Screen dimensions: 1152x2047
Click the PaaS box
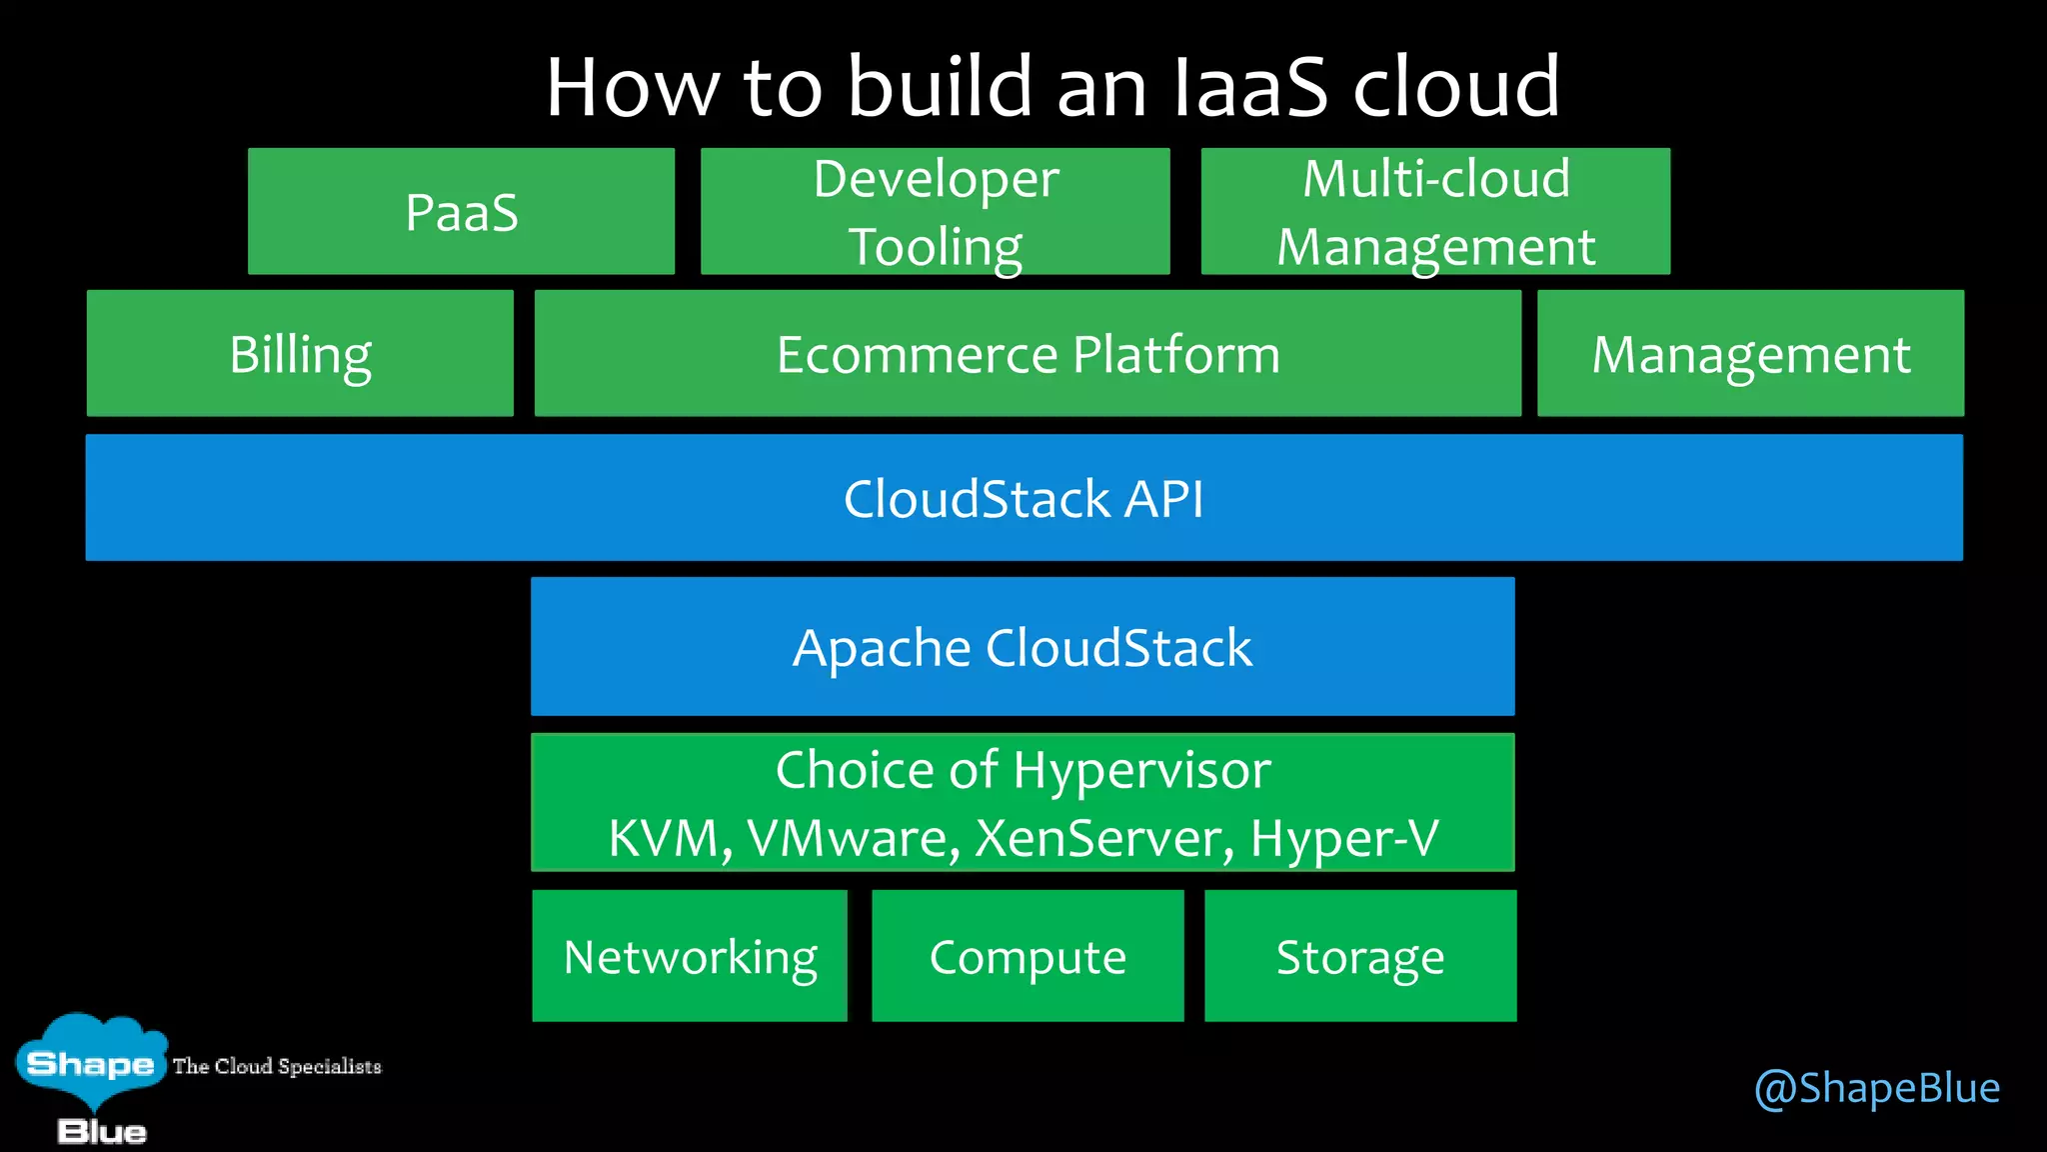(x=461, y=212)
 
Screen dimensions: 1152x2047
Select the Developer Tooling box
(x=935, y=212)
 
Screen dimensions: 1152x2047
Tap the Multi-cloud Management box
(x=1435, y=212)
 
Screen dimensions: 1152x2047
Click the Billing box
(x=300, y=354)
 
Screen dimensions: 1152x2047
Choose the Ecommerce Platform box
(x=1027, y=354)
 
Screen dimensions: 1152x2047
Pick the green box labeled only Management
(x=1750, y=354)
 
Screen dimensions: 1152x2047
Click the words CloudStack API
(x=1023, y=498)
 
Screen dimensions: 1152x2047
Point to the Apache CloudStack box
(x=1022, y=647)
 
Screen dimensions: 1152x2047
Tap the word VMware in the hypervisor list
(x=853, y=838)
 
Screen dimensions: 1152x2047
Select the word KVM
(x=665, y=838)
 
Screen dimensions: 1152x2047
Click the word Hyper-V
(x=1344, y=838)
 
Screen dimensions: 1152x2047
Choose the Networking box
(x=690, y=957)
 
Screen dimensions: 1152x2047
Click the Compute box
(x=1027, y=957)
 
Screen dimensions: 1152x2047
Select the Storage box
(x=1360, y=957)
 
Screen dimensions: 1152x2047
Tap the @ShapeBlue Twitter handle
(x=1877, y=1088)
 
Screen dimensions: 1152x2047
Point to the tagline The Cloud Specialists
(x=277, y=1066)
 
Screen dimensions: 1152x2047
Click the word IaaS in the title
(x=1249, y=88)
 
